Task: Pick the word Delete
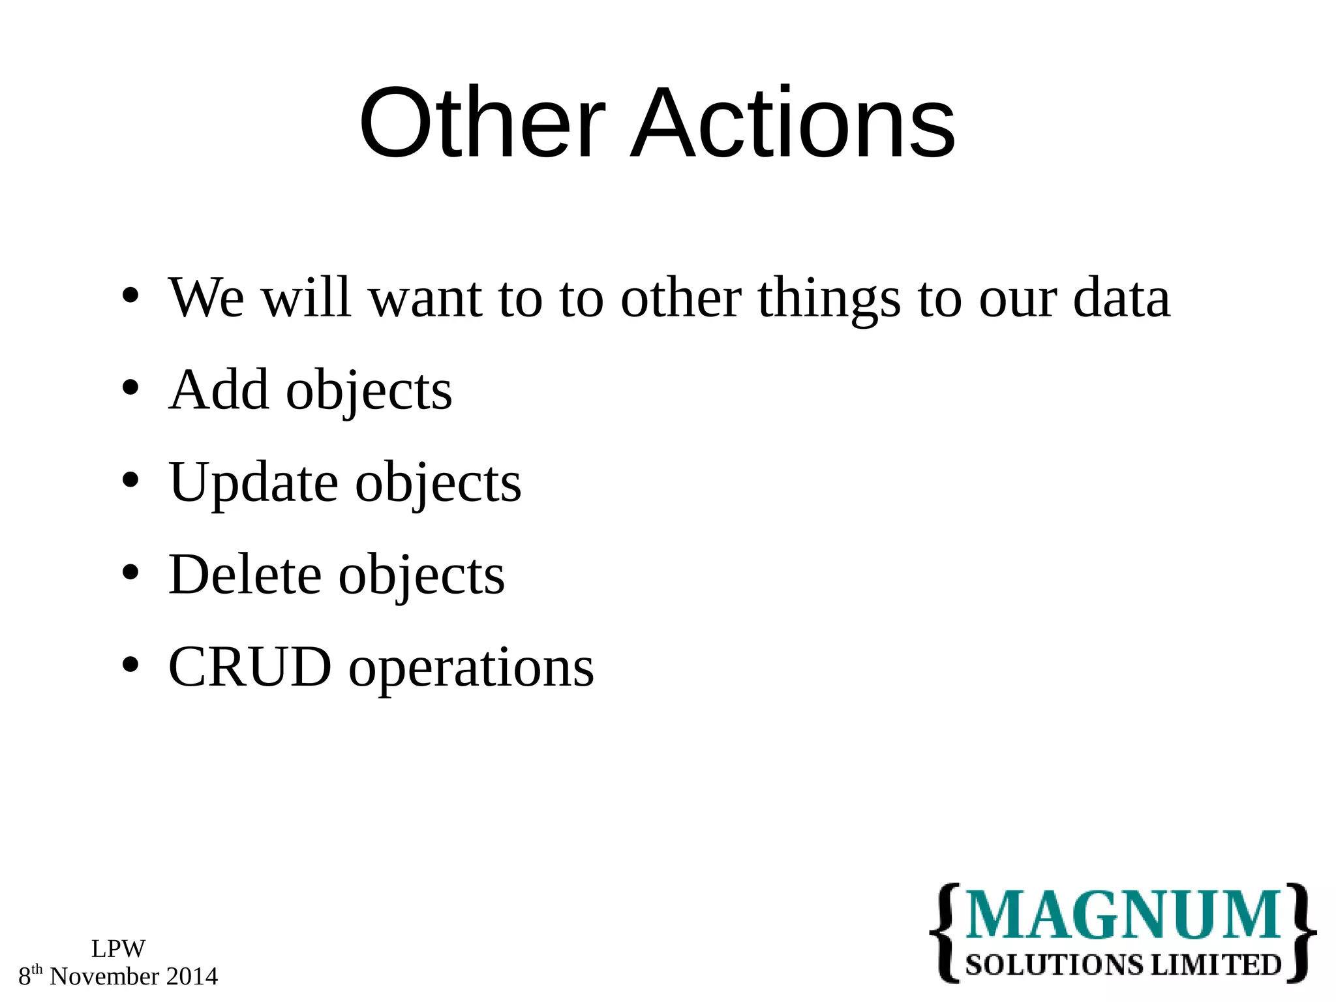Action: pyautogui.click(x=245, y=575)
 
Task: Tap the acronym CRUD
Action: pyautogui.click(x=250, y=667)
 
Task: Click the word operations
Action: pyautogui.click(x=471, y=668)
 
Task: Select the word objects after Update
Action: pyautogui.click(x=438, y=483)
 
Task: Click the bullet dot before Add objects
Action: pyautogui.click(x=130, y=388)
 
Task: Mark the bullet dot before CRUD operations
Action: pyautogui.click(x=130, y=665)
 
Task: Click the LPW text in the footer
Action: pyautogui.click(x=118, y=949)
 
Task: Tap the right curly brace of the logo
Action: pyautogui.click(x=1301, y=933)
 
